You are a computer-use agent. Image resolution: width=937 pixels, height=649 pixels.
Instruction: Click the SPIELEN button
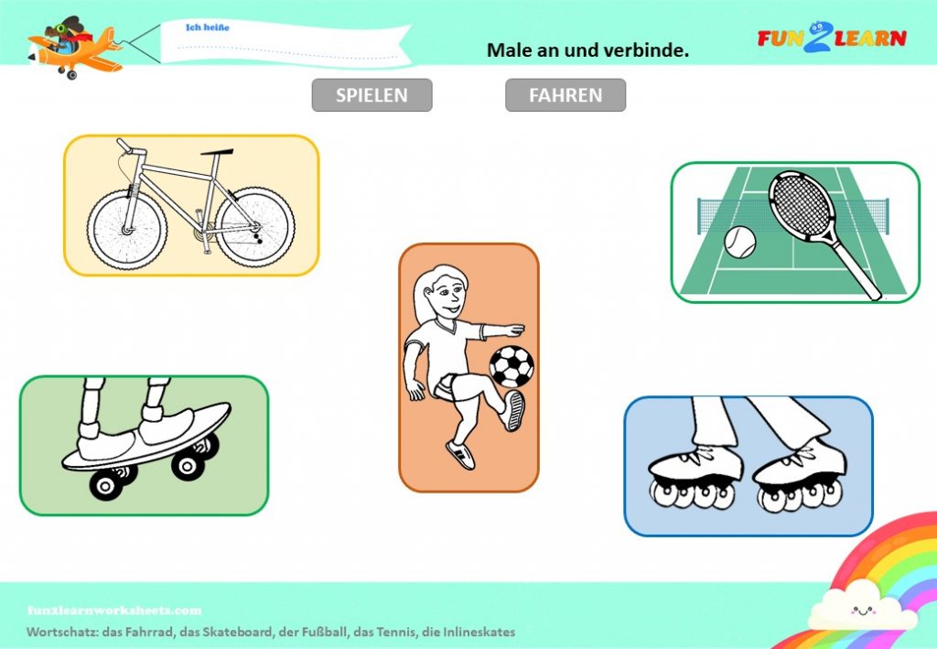point(372,95)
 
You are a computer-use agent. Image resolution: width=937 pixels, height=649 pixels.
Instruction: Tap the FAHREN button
point(565,95)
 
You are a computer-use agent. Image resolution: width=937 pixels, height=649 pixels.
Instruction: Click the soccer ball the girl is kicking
point(512,366)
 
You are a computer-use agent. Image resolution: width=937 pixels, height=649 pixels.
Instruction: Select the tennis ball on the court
point(739,242)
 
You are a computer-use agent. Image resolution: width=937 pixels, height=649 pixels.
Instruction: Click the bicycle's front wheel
point(126,230)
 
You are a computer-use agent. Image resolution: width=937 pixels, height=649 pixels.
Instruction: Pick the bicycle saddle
point(217,152)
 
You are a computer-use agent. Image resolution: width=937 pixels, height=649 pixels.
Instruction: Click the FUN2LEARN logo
point(832,38)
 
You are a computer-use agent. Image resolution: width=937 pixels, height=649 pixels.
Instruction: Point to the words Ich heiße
point(208,27)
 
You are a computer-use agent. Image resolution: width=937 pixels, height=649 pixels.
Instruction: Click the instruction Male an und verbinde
point(588,50)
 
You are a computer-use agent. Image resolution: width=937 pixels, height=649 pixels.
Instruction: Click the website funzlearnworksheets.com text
point(114,611)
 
